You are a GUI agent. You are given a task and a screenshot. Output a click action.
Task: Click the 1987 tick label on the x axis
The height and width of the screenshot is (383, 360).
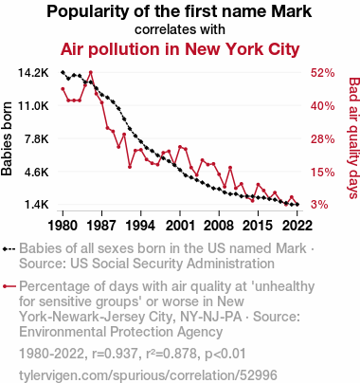(x=101, y=226)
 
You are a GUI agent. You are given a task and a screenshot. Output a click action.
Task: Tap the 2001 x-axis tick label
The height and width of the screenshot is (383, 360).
(x=180, y=226)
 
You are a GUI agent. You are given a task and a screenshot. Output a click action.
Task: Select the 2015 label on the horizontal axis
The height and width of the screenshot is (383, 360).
(x=258, y=226)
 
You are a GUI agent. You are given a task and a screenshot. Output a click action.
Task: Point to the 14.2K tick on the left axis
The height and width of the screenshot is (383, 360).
(x=33, y=73)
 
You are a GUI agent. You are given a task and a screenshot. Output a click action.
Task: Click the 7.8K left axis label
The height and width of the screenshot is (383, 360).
(x=37, y=139)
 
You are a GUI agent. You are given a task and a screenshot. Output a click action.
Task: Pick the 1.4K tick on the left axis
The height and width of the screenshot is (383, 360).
(x=37, y=205)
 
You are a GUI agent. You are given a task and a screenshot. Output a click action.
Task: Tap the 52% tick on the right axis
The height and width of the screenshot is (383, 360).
(x=322, y=73)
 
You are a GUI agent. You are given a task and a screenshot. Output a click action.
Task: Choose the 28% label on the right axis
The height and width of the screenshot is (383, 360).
(x=322, y=139)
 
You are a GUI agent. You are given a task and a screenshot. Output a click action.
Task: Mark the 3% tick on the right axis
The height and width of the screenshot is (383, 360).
(x=319, y=205)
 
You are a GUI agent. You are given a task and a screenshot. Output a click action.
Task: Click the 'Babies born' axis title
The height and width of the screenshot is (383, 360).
(x=7, y=138)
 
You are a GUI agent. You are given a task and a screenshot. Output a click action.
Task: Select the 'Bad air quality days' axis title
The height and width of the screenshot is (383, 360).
(x=353, y=138)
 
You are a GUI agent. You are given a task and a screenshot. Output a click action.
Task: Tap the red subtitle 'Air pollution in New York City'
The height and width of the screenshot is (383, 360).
(x=180, y=49)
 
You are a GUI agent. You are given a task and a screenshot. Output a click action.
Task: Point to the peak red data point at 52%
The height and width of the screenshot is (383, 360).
(x=91, y=72)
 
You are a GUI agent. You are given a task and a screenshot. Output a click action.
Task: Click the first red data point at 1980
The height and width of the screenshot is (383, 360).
(x=63, y=89)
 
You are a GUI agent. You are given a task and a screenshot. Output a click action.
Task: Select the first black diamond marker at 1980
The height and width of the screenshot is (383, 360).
(x=63, y=72)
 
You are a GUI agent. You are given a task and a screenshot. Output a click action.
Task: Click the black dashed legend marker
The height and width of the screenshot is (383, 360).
(x=9, y=249)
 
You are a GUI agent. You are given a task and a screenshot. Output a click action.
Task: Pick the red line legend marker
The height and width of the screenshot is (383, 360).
(x=9, y=286)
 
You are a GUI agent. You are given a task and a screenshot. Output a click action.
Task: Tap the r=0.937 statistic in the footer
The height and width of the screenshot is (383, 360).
(x=115, y=354)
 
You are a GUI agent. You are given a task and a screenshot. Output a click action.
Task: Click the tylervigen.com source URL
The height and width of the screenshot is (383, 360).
(x=148, y=375)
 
